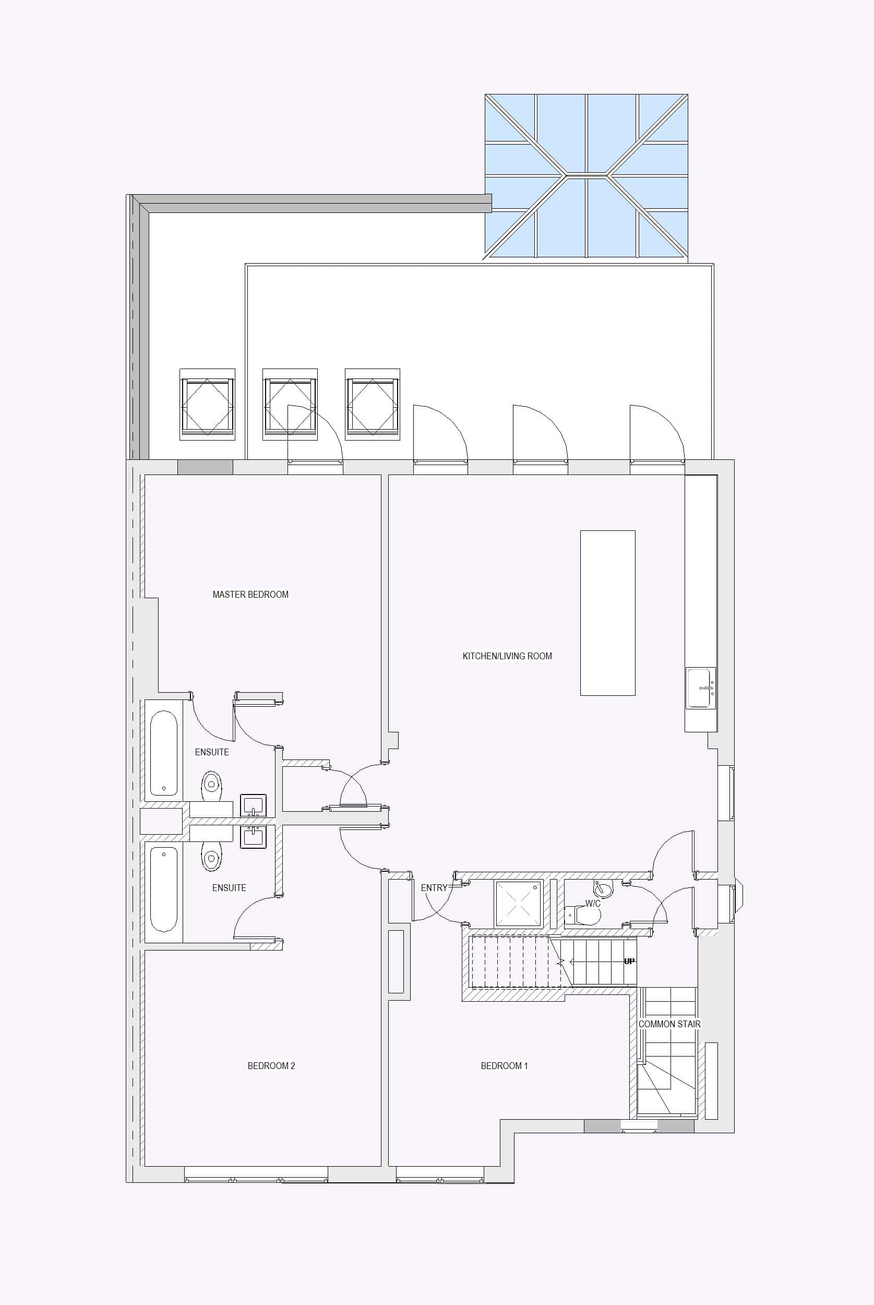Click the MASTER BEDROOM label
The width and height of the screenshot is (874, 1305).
click(x=250, y=594)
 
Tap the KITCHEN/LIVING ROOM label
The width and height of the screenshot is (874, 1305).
click(x=507, y=656)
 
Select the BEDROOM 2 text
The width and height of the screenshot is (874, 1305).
click(x=271, y=1066)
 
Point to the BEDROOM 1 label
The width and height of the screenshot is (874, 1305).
click(x=505, y=1066)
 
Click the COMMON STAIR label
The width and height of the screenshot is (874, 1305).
click(x=669, y=1024)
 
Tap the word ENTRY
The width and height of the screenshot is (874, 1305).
click(x=434, y=888)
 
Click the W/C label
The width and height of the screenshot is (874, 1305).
click(x=593, y=904)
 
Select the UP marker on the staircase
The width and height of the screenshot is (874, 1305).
click(x=629, y=961)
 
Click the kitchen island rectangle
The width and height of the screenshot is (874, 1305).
click(x=607, y=613)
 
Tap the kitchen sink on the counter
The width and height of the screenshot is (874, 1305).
click(x=701, y=688)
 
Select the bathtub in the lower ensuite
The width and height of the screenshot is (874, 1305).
click(x=164, y=889)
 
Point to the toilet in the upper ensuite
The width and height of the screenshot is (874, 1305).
click(x=211, y=786)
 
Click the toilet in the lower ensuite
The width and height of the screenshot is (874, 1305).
click(x=211, y=856)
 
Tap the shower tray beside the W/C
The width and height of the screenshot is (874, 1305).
click(x=518, y=904)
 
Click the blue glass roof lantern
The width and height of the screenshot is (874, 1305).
click(x=586, y=176)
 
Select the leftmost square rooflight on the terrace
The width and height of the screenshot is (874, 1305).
click(x=207, y=404)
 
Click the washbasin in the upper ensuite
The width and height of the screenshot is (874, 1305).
click(x=253, y=805)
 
